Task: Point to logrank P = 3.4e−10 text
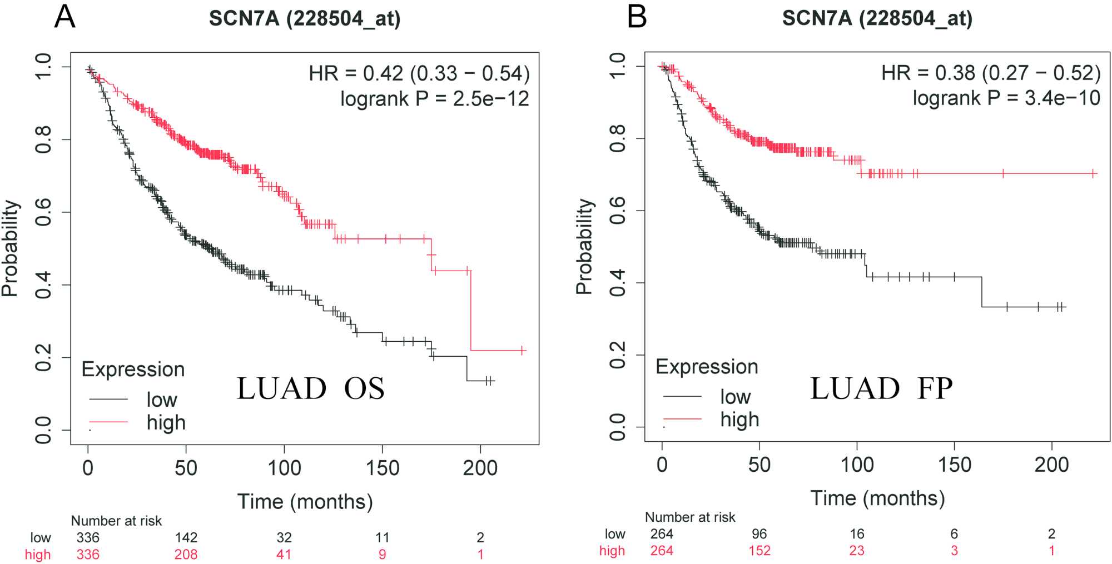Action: point(1006,98)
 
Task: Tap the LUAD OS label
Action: point(310,388)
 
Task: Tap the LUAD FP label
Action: point(881,388)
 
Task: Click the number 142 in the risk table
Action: point(186,537)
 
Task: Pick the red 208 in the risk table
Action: point(186,555)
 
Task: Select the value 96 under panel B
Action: point(759,534)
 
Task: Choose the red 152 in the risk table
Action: point(759,551)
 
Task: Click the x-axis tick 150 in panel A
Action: point(382,468)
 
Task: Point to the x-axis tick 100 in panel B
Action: point(857,465)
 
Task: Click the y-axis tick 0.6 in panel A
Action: point(43,212)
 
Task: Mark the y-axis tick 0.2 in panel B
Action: point(617,355)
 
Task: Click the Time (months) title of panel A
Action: point(305,502)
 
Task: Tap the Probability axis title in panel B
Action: point(584,246)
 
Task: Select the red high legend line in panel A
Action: point(108,422)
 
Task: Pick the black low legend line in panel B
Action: point(682,396)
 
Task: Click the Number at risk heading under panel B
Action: point(689,517)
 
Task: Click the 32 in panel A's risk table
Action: point(284,537)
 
